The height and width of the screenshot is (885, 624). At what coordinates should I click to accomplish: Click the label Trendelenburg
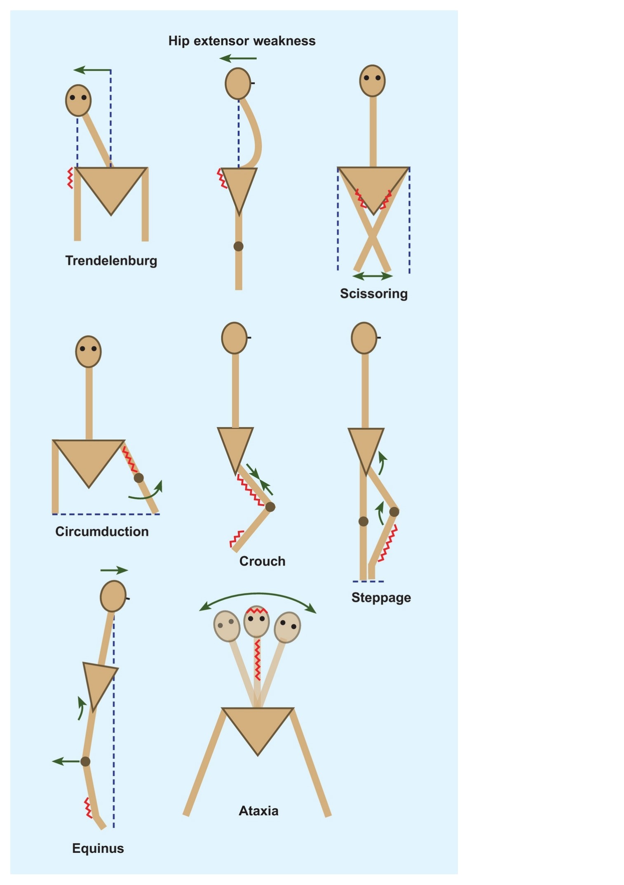111,261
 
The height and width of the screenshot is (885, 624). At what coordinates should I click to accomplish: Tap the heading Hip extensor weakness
242,41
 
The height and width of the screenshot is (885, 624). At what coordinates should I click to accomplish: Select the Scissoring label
374,294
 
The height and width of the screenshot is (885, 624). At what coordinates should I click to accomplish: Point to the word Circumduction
102,531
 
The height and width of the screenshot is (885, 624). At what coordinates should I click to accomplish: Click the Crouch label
263,561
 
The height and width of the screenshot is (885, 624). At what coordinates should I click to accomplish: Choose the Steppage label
381,598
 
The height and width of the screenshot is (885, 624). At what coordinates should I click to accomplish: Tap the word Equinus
98,848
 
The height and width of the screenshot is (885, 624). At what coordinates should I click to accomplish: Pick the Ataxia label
259,811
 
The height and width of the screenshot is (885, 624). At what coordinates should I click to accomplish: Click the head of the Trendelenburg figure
78,101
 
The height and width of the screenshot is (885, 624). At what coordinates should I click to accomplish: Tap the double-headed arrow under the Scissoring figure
373,276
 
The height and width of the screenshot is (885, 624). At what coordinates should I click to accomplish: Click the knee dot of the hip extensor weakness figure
238,246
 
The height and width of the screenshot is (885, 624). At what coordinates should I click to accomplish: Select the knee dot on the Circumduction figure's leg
139,478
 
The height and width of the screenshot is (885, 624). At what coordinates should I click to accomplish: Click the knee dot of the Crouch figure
270,507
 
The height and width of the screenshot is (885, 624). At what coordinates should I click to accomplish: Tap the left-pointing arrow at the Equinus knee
66,761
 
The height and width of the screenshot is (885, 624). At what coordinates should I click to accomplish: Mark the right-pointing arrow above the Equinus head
114,571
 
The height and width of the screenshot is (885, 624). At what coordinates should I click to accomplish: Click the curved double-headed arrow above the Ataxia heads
258,594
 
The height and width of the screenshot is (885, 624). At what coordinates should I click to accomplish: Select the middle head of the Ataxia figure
256,621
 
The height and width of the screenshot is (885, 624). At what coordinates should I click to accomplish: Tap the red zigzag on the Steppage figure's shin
388,543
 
